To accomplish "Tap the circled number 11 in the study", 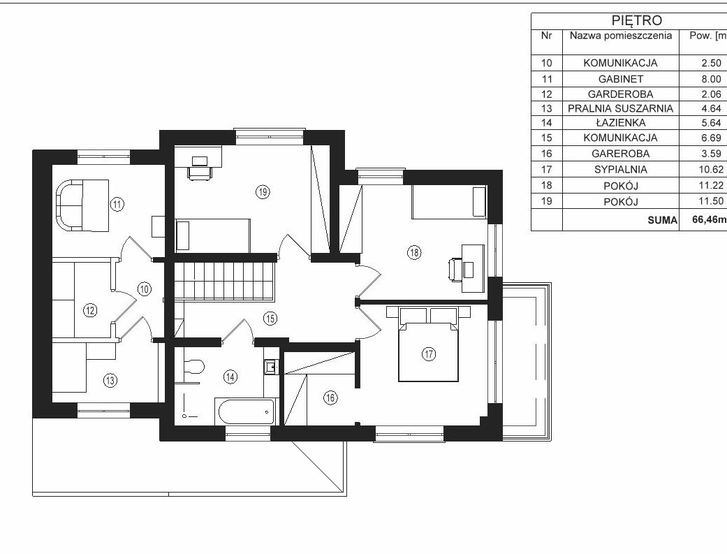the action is pos(118,204).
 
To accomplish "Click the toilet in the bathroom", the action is pos(193,367).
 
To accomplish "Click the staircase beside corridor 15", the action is pos(226,281).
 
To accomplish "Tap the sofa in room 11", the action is pos(70,205).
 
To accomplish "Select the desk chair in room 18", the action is pos(455,269).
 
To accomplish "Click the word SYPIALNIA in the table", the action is pos(620,169).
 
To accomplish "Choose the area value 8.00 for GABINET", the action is pos(711,79).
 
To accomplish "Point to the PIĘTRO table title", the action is pos(637,20).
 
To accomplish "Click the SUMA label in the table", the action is pos(662,220).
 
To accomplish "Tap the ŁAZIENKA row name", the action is pos(620,122).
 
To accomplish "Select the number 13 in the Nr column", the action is pos(547,108).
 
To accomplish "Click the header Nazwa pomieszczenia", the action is pos(620,36).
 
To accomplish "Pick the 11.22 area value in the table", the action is pos(711,185).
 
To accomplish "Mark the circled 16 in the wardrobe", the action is pos(330,398).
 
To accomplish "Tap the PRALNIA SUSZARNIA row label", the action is pos(620,108).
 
